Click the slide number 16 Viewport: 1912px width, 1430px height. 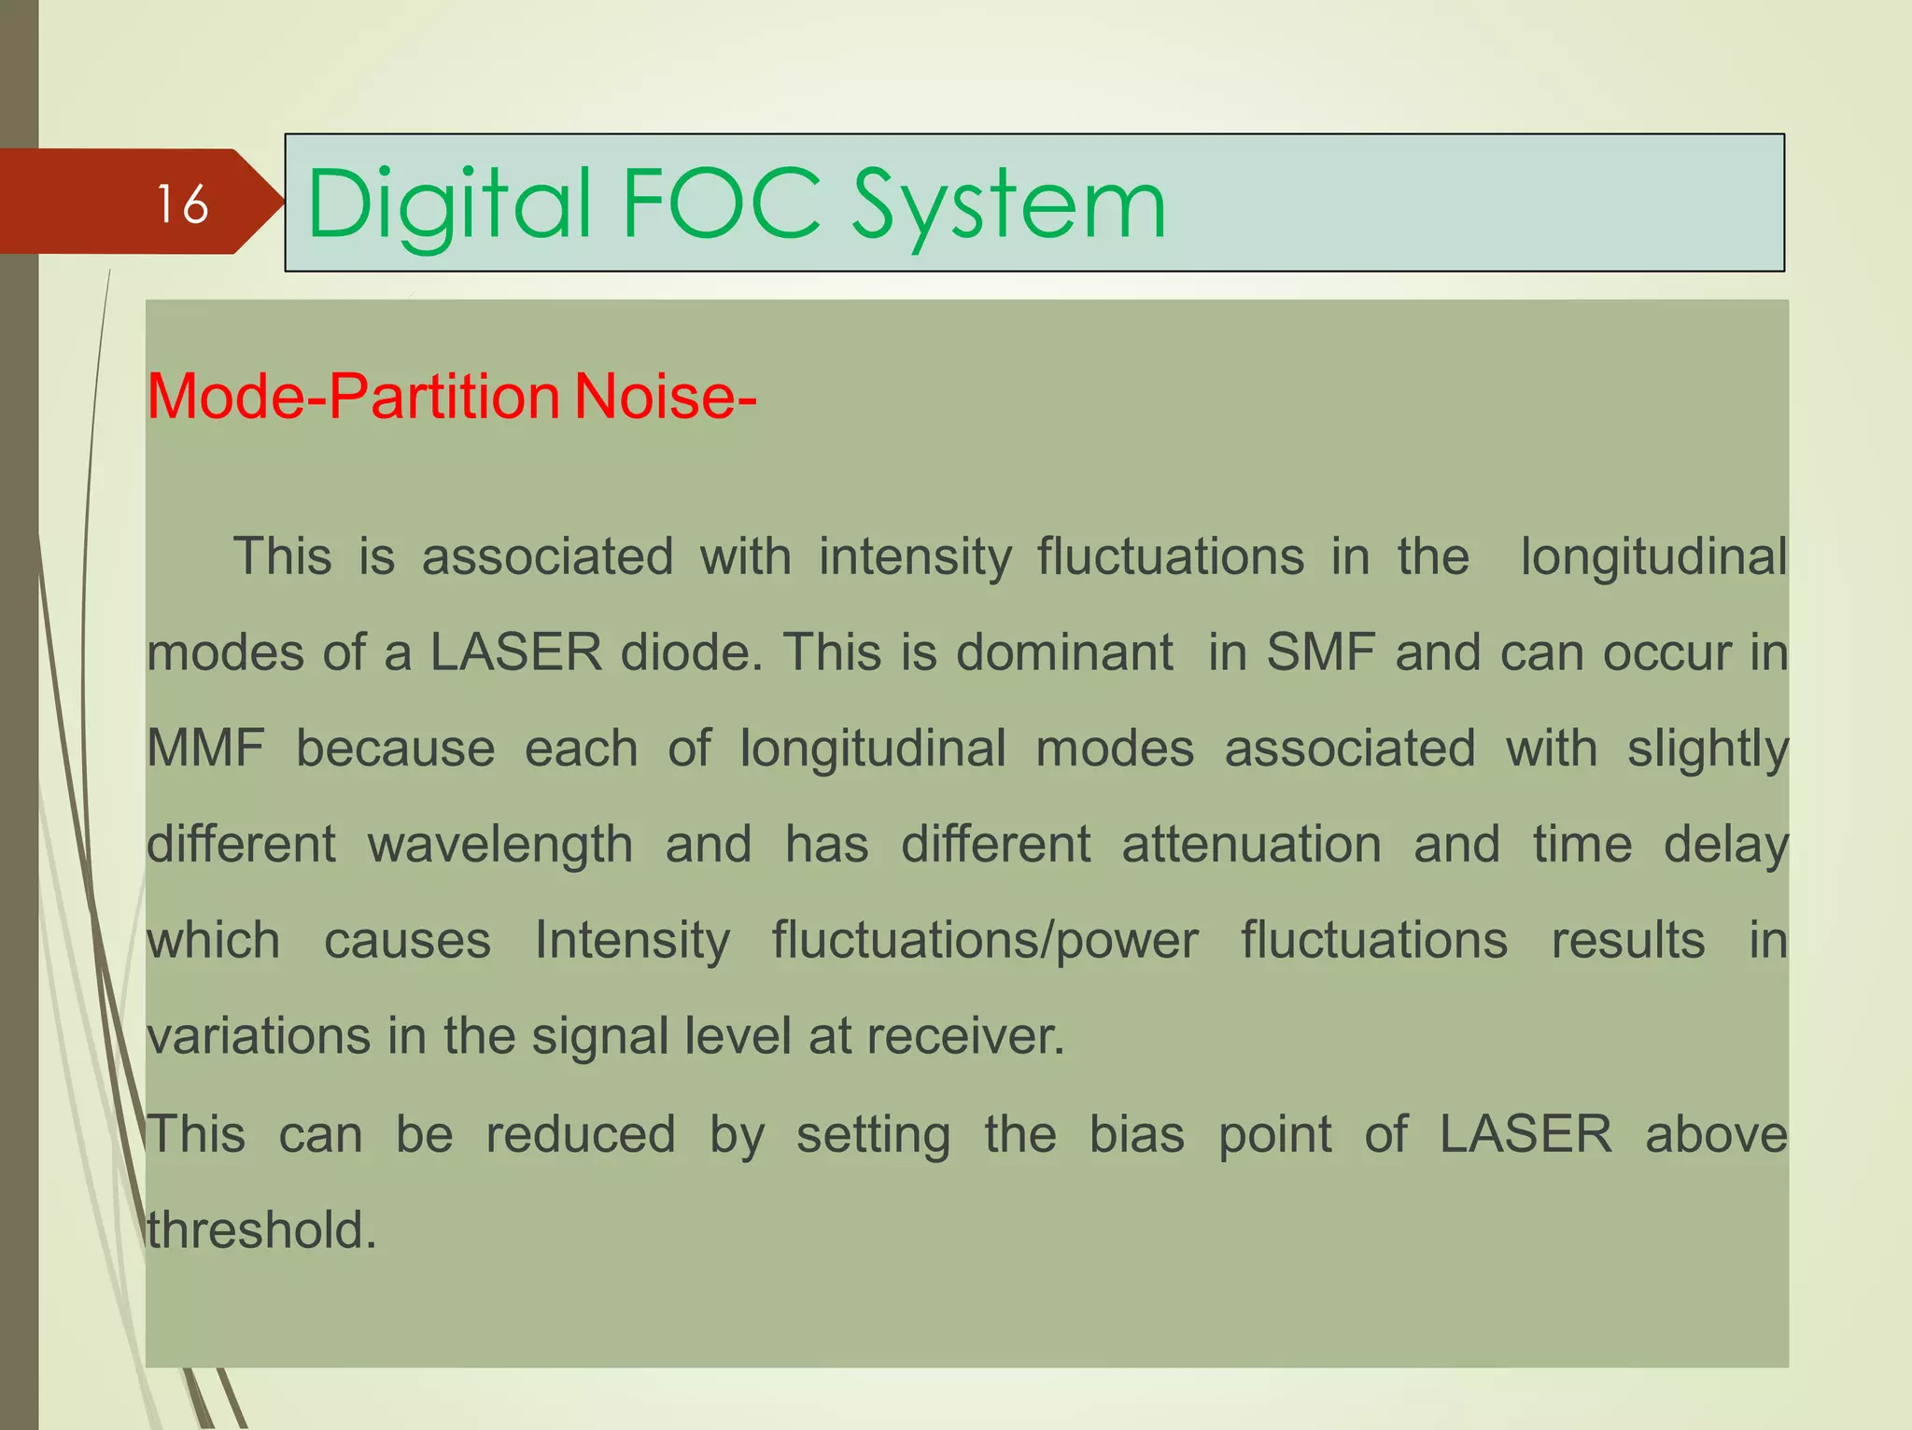pyautogui.click(x=182, y=204)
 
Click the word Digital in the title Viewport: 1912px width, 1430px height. pyautogui.click(x=449, y=204)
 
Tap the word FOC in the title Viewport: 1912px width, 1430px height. pyautogui.click(x=721, y=203)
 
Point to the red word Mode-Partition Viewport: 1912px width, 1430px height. pyautogui.click(x=353, y=397)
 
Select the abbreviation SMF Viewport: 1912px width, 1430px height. pyautogui.click(x=1320, y=652)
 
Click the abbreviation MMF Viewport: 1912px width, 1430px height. pyautogui.click(x=205, y=749)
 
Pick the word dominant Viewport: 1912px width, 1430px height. pyautogui.click(x=1064, y=652)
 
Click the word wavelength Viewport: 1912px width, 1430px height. pyautogui.click(x=500, y=846)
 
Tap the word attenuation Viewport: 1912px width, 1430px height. pyautogui.click(x=1251, y=845)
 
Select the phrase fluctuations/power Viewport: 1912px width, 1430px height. pyautogui.click(x=985, y=941)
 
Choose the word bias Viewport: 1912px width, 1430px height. pyautogui.click(x=1137, y=1134)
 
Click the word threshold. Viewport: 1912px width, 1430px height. pyautogui.click(x=261, y=1230)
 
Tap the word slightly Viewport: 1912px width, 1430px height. pyautogui.click(x=1708, y=750)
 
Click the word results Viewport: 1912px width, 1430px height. pyautogui.click(x=1628, y=941)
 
